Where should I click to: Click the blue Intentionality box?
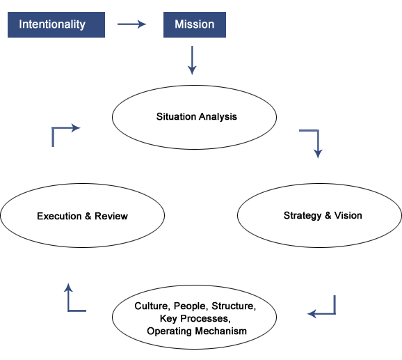pyautogui.click(x=56, y=24)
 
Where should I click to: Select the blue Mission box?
pyautogui.click(x=195, y=24)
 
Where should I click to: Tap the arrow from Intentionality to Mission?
pyautogui.click(x=131, y=24)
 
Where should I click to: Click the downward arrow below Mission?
pyautogui.click(x=192, y=61)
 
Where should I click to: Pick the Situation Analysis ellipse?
pyautogui.click(x=194, y=117)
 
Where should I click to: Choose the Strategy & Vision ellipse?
pyautogui.click(x=319, y=216)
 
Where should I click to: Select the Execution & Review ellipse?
pyautogui.click(x=83, y=216)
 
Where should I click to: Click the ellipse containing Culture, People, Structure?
pyautogui.click(x=194, y=317)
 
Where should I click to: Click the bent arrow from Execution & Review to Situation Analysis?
pyautogui.click(x=53, y=128)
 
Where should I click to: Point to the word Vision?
pyautogui.click(x=348, y=216)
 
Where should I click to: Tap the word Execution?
pyautogui.click(x=59, y=216)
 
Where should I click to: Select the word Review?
pyautogui.click(x=111, y=216)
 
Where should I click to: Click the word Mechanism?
pyautogui.click(x=221, y=331)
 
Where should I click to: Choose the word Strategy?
pyautogui.click(x=303, y=216)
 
